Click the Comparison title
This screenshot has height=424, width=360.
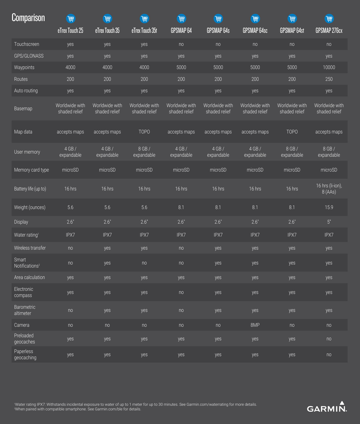pos(28,18)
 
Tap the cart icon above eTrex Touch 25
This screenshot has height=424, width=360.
pos(71,19)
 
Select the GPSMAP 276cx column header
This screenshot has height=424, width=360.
pos(329,31)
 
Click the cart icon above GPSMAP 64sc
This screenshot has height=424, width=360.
pos(255,19)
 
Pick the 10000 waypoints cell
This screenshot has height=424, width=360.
pos(329,68)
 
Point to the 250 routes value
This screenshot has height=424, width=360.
pos(329,79)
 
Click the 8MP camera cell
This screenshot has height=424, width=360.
pos(255,325)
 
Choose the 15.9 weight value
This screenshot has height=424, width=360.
pos(329,208)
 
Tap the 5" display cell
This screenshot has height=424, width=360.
pos(329,222)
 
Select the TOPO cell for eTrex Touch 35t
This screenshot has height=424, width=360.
pos(144,132)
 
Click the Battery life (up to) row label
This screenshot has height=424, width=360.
pos(30,189)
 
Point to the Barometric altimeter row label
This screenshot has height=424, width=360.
pos(25,310)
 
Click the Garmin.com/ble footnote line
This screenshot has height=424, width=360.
pos(78,409)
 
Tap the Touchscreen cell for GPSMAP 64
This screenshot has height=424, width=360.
pos(181,44)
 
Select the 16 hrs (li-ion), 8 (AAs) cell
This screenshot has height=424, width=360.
pos(329,189)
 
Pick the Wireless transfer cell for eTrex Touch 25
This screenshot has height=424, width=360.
pos(71,248)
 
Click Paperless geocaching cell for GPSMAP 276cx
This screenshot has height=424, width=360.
pos(329,355)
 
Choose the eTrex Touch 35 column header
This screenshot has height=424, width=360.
pos(107,31)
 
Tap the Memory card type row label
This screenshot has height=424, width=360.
pos(32,170)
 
